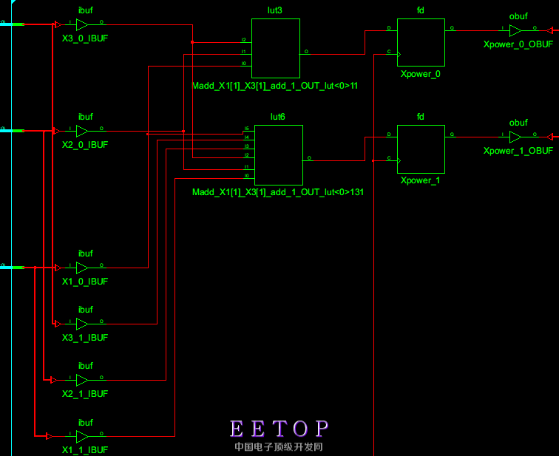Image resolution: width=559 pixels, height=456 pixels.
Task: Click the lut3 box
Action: click(x=276, y=49)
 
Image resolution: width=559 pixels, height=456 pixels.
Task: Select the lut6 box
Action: click(x=279, y=155)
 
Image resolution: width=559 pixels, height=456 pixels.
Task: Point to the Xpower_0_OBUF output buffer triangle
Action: click(x=515, y=30)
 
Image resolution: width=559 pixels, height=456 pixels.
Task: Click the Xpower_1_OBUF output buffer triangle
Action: click(x=515, y=137)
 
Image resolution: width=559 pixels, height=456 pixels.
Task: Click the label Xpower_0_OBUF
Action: click(x=518, y=44)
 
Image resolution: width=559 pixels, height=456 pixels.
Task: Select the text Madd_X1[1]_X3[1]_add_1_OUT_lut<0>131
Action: click(x=278, y=192)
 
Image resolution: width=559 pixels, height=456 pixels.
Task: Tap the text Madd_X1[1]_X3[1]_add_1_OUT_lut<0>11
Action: click(x=275, y=86)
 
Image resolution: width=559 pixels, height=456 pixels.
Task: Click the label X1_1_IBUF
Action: click(x=85, y=449)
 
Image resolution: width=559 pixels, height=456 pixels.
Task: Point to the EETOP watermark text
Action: click(x=279, y=429)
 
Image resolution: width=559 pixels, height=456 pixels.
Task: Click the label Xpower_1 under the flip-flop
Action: click(x=420, y=180)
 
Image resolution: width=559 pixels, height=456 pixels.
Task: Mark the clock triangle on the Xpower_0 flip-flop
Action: click(x=400, y=54)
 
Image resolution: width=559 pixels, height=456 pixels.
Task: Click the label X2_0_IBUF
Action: click(x=85, y=145)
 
